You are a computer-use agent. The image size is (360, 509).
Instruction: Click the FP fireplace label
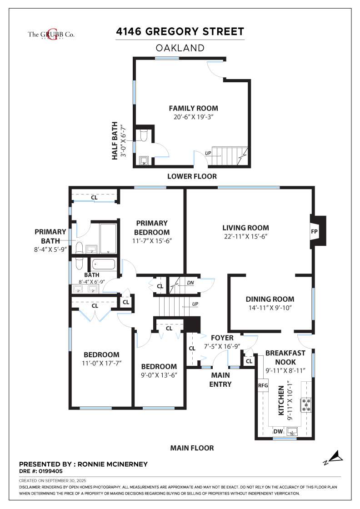[x=314, y=232]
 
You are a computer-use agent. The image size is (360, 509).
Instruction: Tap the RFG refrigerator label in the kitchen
[x=263, y=385]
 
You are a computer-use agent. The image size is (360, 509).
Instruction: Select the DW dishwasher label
[x=278, y=431]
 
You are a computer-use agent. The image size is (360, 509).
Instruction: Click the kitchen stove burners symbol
[x=306, y=405]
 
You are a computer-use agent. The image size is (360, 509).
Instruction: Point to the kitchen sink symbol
[x=292, y=432]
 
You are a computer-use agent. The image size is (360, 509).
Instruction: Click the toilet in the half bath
[x=144, y=135]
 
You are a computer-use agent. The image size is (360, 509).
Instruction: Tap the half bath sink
[x=144, y=161]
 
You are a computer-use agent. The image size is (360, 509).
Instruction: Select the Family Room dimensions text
[x=193, y=117]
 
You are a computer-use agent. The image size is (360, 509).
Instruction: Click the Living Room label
[x=245, y=228]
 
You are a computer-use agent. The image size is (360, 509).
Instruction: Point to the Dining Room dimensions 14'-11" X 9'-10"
[x=270, y=308]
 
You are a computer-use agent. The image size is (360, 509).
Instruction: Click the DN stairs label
[x=190, y=283]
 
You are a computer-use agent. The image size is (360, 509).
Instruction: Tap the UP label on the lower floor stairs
[x=208, y=153]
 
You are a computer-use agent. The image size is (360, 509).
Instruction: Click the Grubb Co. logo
[x=51, y=35]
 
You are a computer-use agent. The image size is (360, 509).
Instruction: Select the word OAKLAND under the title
[x=180, y=48]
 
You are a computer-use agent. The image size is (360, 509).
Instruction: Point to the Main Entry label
[x=220, y=379]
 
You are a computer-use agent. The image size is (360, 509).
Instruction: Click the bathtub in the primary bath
[x=108, y=239]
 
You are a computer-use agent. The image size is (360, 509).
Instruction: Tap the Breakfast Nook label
[x=285, y=357]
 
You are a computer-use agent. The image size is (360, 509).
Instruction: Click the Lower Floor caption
[x=192, y=176]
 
